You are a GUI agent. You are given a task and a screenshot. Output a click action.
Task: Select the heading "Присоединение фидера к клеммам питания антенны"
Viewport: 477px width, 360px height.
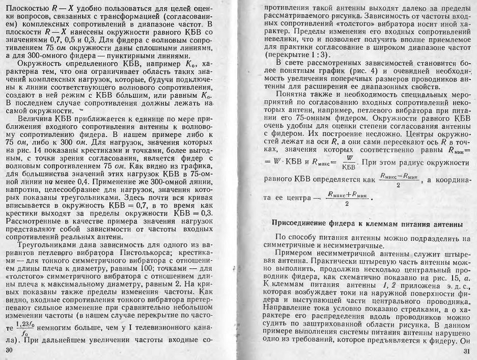tap(368, 224)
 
